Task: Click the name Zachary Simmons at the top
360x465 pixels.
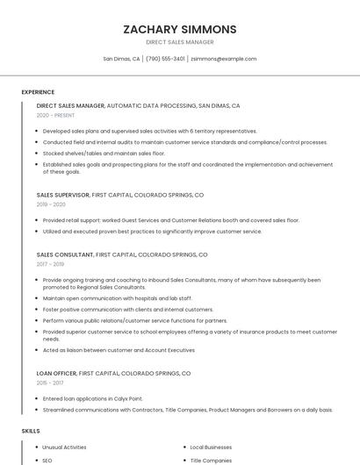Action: (x=180, y=29)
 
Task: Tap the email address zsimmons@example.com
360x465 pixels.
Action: (x=223, y=59)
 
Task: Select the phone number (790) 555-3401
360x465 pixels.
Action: (x=165, y=59)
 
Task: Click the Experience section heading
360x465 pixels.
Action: (x=38, y=92)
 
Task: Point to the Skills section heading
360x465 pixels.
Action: (x=31, y=432)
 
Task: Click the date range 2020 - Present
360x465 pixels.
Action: (x=55, y=115)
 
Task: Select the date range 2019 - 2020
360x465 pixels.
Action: (x=51, y=204)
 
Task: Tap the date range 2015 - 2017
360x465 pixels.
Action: (x=50, y=383)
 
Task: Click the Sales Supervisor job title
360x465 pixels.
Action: (x=62, y=195)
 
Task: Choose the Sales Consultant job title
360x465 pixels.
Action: (x=64, y=254)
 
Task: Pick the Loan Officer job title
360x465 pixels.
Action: (x=56, y=373)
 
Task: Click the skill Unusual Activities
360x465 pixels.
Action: (x=64, y=447)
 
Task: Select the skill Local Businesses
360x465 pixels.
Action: (x=212, y=447)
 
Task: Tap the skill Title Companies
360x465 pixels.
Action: (x=212, y=461)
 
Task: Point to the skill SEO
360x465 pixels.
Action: (x=47, y=461)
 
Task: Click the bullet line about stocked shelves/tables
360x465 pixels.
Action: (x=104, y=153)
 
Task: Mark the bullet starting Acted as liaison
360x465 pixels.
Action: (x=119, y=350)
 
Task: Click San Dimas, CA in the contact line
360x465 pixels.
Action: (x=121, y=59)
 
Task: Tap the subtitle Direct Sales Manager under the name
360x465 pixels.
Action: (x=180, y=42)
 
